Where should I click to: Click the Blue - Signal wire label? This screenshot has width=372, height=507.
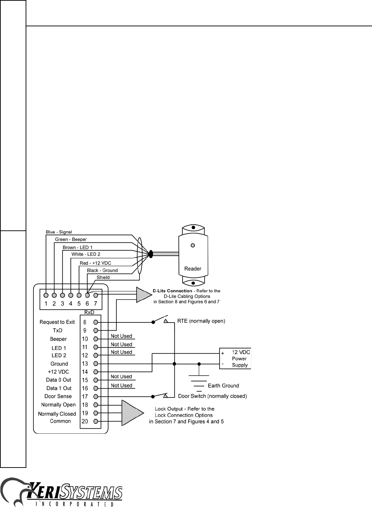click(59, 232)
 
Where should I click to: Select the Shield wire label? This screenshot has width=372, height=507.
click(103, 277)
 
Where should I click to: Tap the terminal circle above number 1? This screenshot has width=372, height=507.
click(46, 295)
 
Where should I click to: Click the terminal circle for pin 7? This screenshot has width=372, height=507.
click(96, 295)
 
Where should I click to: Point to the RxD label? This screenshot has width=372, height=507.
click(89, 312)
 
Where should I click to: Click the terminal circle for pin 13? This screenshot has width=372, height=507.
click(96, 363)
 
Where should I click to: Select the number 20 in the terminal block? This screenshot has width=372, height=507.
click(85, 421)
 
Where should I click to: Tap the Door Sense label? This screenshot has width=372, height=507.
click(58, 396)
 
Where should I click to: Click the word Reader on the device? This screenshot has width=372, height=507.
click(193, 269)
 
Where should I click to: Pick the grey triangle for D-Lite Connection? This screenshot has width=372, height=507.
click(143, 295)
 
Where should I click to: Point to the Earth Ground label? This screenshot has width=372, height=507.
click(224, 385)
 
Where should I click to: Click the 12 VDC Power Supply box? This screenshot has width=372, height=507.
click(235, 358)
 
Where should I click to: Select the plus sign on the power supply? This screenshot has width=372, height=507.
click(223, 353)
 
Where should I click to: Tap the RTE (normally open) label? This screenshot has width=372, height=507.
click(201, 321)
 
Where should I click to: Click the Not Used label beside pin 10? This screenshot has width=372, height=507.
click(121, 336)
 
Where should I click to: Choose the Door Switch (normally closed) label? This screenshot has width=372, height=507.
click(213, 396)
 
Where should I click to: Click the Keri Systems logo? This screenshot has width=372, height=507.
click(61, 492)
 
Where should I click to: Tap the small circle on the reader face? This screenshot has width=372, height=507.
click(193, 245)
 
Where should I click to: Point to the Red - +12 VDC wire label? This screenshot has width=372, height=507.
click(95, 263)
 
